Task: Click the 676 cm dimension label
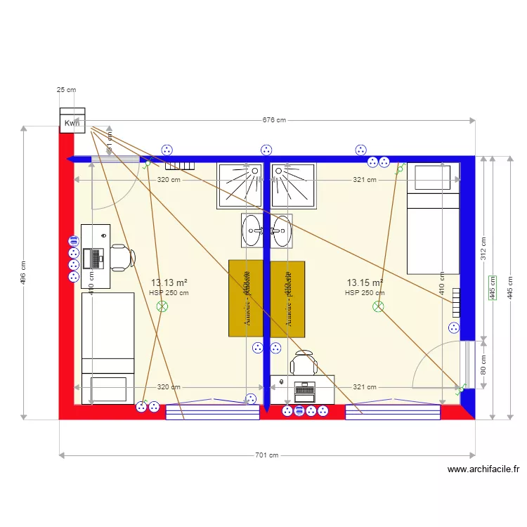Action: pyautogui.click(x=274, y=120)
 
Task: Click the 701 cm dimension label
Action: pyautogui.click(x=266, y=455)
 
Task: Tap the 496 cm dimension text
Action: pyautogui.click(x=23, y=274)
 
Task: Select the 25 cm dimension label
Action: pyautogui.click(x=67, y=90)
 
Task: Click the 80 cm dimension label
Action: pyautogui.click(x=482, y=365)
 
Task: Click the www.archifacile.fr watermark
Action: pyautogui.click(x=483, y=470)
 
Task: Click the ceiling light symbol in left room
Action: pyautogui.click(x=162, y=306)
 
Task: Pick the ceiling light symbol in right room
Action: pyautogui.click(x=378, y=306)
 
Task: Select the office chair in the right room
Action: pyautogui.click(x=304, y=364)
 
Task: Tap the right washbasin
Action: pyautogui.click(x=282, y=230)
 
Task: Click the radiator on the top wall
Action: pyautogui.click(x=179, y=166)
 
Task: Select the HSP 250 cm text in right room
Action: pyautogui.click(x=365, y=293)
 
